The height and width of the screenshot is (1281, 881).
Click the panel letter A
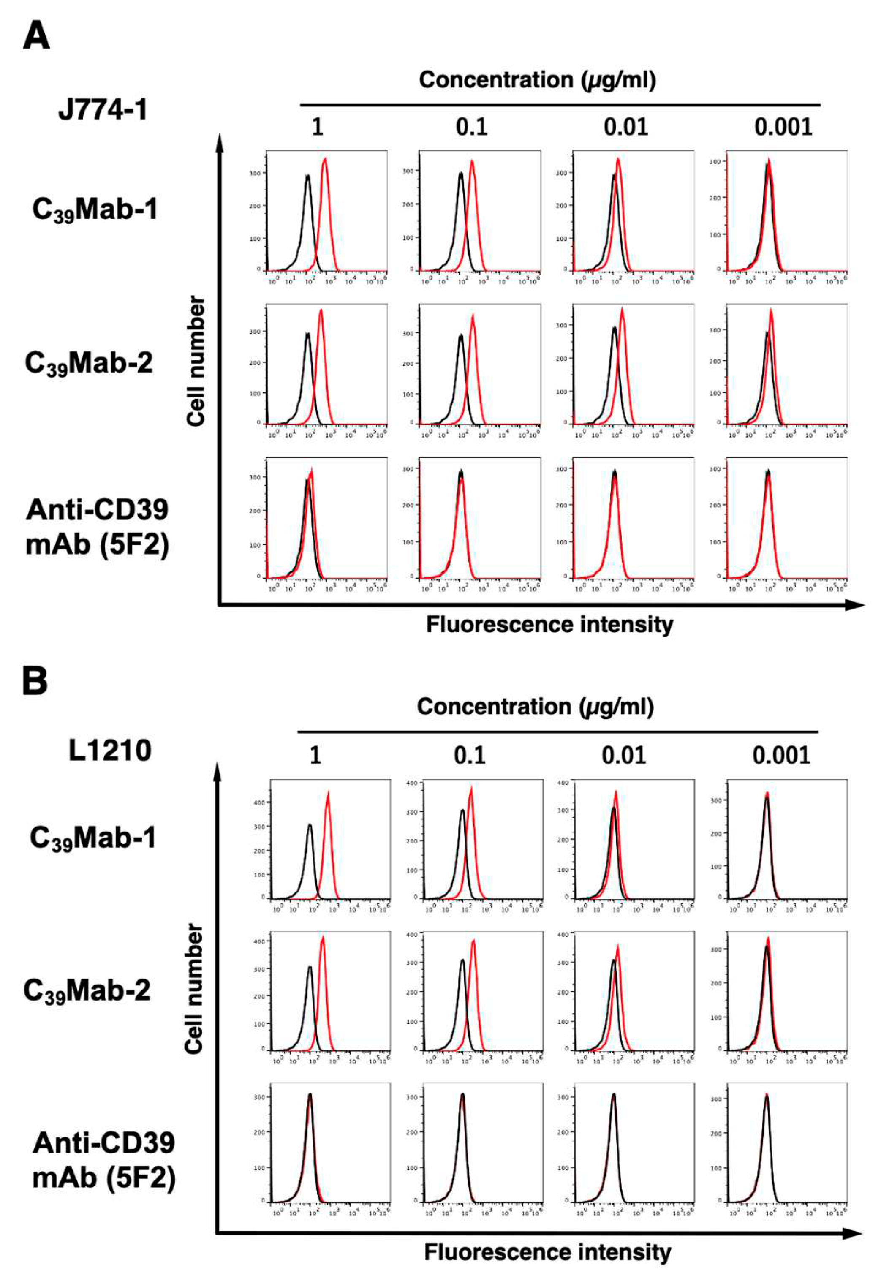pyautogui.click(x=36, y=37)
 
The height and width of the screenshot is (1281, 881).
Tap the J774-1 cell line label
pyautogui.click(x=103, y=110)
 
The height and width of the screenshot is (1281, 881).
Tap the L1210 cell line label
pyautogui.click(x=110, y=751)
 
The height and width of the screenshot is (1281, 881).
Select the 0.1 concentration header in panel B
pyautogui.click(x=470, y=755)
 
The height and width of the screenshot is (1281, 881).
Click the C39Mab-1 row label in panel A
pyautogui.click(x=95, y=210)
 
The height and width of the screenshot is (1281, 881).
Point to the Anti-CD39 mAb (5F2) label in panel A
pyautogui.click(x=97, y=527)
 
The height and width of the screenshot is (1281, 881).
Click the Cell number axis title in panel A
pyautogui.click(x=196, y=362)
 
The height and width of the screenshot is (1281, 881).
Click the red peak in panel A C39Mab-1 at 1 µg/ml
pyautogui.click(x=325, y=160)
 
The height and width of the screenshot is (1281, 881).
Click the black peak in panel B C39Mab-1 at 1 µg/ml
pyautogui.click(x=310, y=826)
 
